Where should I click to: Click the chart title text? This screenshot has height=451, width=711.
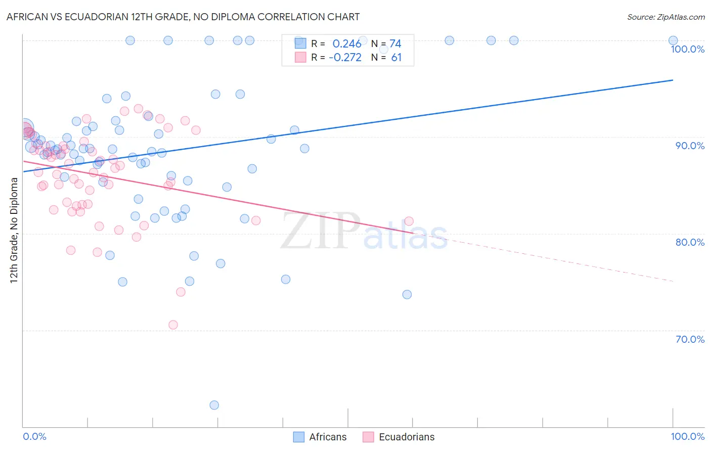[x=183, y=17]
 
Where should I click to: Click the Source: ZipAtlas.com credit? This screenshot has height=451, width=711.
[x=665, y=17]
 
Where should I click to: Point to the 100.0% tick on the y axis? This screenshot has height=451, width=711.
[x=687, y=49]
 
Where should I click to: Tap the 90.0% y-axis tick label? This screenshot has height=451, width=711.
[x=690, y=146]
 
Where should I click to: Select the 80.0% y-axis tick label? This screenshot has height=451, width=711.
[x=690, y=242]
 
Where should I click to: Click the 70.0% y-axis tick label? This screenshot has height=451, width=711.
[x=690, y=339]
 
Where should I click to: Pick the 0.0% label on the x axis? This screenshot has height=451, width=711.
[x=34, y=436]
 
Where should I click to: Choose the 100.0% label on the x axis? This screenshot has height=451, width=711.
[x=687, y=436]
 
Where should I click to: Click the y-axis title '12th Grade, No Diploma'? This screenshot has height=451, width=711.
[x=14, y=230]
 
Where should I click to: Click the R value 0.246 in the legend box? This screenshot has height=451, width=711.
[x=347, y=44]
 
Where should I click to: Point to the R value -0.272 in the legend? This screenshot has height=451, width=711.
[x=345, y=58]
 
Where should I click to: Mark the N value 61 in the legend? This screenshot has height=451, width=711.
[x=396, y=58]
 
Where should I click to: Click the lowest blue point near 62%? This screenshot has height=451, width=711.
[x=214, y=405]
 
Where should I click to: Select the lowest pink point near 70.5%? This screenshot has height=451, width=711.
[x=173, y=325]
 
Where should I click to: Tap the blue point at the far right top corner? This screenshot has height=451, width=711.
[x=673, y=40]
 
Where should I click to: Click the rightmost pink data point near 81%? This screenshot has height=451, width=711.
[x=409, y=221]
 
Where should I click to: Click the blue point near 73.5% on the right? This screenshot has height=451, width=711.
[x=407, y=294]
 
